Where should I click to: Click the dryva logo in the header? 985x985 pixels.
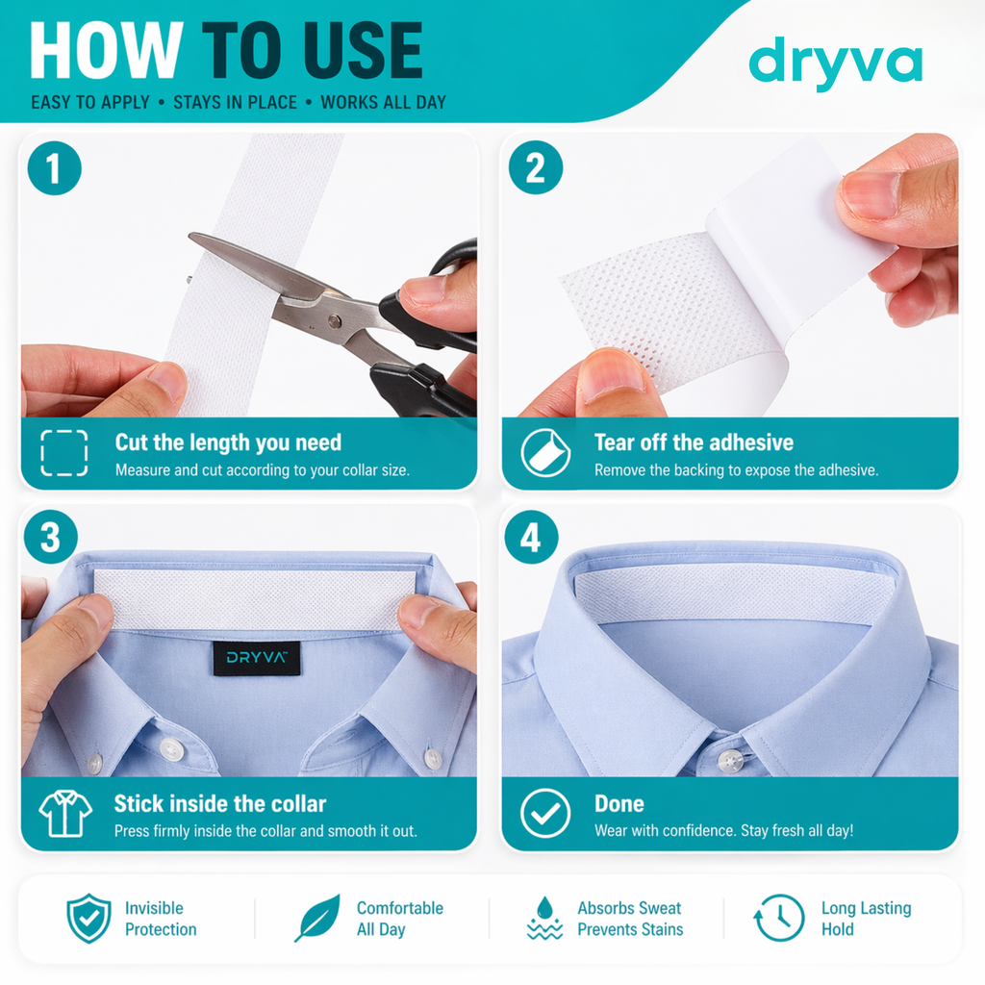pos(835,63)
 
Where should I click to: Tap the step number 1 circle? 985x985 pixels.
pos(55,169)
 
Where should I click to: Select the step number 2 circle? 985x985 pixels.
pos(535,169)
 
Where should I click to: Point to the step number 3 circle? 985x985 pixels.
pos(51,538)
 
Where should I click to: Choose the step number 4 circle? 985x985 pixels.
pos(531,538)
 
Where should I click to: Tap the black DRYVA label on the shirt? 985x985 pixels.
pos(256,658)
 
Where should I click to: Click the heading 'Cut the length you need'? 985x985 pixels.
pos(228,442)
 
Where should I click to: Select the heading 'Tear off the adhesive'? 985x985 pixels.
pos(694,442)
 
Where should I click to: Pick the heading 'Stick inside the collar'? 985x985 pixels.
pos(220,804)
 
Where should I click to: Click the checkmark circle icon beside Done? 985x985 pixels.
pos(545,814)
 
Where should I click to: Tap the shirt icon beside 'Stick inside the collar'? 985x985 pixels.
pos(65,814)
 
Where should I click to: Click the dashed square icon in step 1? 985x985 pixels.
pos(64,453)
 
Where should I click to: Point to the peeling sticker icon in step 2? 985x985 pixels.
pos(545,453)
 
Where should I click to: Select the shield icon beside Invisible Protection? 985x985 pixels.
pos(88,918)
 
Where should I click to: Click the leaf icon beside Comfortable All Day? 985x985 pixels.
pos(317,918)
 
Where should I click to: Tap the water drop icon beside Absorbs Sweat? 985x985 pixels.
pos(545,918)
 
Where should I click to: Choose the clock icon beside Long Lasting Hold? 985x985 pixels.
pos(778,918)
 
